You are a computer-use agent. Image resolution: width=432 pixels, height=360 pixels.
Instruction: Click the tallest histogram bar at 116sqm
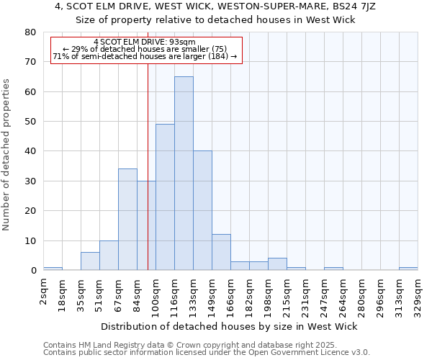point(184,173)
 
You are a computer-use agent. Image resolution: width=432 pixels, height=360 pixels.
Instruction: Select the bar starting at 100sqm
point(165,197)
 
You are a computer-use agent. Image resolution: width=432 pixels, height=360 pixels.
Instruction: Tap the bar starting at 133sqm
point(202,210)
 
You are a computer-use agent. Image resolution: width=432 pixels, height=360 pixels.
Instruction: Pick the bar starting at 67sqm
point(127,219)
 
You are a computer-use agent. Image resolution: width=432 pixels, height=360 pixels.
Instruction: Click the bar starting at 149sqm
point(221,252)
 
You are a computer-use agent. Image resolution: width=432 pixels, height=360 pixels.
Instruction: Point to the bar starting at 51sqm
point(109,255)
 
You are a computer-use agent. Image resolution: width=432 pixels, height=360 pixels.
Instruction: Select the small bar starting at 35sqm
point(90,261)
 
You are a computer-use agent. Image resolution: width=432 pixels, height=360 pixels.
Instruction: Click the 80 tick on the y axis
point(30,32)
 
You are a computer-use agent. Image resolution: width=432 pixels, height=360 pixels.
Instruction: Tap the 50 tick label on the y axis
point(30,122)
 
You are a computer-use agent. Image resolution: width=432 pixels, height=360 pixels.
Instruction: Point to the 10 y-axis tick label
point(30,240)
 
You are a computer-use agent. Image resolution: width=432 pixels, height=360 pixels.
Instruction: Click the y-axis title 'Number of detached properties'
point(7,151)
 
